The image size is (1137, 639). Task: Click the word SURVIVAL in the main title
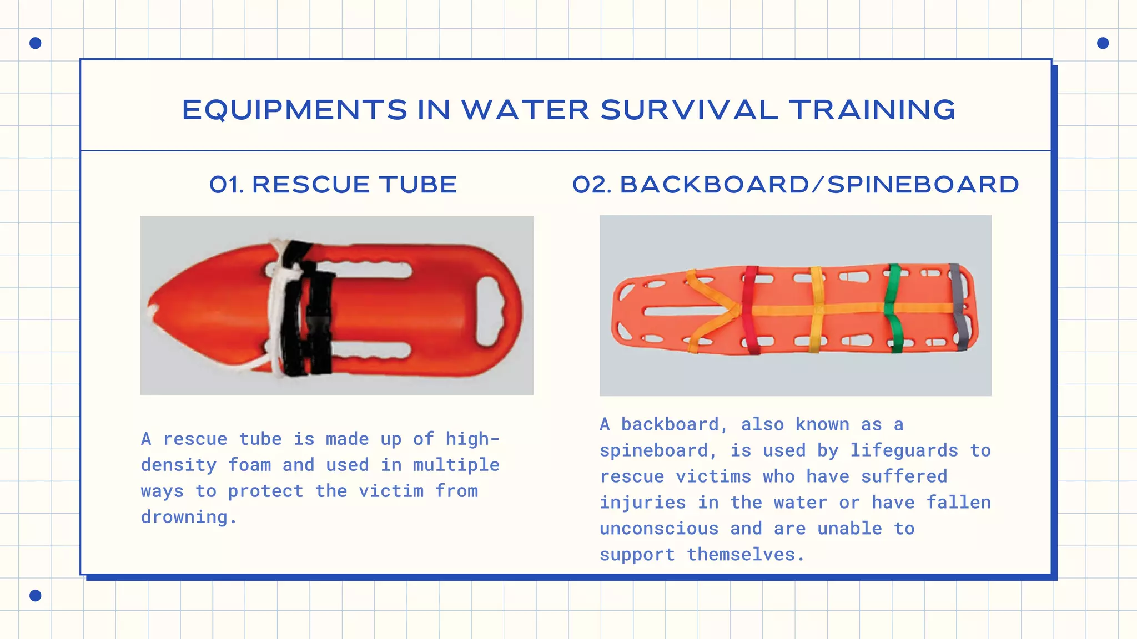pos(689,110)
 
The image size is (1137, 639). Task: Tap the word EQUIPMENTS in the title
pos(295,110)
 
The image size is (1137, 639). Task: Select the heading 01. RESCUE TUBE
pos(333,185)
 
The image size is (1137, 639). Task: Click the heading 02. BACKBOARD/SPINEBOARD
pos(796,185)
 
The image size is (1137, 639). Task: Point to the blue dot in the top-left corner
pos(35,43)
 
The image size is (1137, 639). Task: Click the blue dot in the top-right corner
pos(1103,43)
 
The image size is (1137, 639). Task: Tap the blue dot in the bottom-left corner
pos(35,595)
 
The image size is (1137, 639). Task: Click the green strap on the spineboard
pos(893,308)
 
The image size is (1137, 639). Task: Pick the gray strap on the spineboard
pos(959,308)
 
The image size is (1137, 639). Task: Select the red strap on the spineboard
pos(749,311)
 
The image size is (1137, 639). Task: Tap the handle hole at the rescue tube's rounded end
pos(489,311)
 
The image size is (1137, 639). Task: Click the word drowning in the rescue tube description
pos(184,517)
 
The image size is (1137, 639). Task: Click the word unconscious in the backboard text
pos(659,529)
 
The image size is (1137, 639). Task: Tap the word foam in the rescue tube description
pos(249,465)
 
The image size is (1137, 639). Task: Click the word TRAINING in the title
pos(872,110)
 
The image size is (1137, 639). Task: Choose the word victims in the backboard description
pos(713,476)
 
